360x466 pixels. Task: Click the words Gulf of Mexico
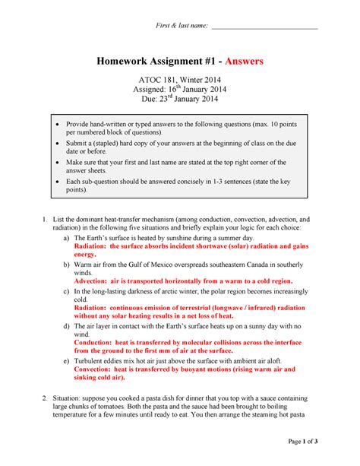click(x=157, y=263)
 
